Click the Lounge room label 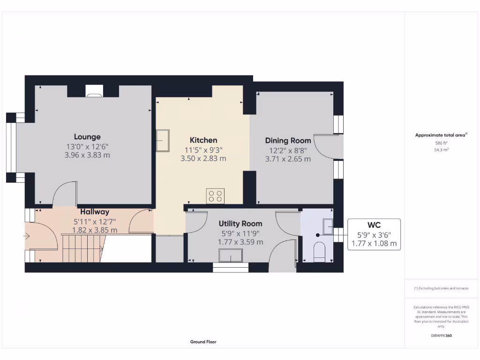[87, 137]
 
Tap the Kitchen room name [203, 140]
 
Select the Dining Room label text [288, 141]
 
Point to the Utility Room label [240, 224]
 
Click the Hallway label [94, 212]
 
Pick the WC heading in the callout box [374, 225]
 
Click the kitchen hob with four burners [216, 195]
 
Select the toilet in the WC [319, 251]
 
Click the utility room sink [231, 255]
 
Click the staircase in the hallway [82, 248]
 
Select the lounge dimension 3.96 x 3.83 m [87, 155]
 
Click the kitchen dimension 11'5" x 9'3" [203, 150]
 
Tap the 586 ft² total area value [441, 142]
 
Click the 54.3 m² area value [441, 150]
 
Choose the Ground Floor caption [203, 342]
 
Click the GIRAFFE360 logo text [441, 336]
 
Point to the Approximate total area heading [441, 135]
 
